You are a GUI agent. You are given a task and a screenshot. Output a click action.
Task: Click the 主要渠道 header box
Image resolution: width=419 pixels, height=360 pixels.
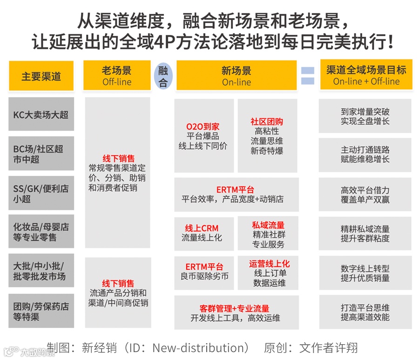(x=41, y=76)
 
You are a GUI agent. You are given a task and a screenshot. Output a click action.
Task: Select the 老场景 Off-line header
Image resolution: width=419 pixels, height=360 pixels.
(x=117, y=76)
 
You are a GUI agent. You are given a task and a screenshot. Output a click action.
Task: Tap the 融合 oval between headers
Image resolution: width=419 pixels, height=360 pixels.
(x=163, y=76)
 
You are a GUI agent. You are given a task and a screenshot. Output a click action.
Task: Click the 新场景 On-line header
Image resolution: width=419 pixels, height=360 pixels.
(x=237, y=76)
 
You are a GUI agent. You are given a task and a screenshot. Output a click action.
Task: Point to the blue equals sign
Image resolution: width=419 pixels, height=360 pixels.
(x=307, y=76)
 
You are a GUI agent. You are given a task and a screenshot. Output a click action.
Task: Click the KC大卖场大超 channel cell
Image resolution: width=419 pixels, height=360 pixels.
(x=41, y=114)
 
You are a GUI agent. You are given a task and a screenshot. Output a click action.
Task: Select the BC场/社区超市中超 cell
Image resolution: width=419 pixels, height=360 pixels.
(x=41, y=154)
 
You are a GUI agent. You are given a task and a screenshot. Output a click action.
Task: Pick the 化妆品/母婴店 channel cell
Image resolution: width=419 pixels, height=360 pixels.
(x=41, y=232)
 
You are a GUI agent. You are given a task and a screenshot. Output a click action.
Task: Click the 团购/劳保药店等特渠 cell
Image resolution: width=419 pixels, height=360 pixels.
(x=41, y=311)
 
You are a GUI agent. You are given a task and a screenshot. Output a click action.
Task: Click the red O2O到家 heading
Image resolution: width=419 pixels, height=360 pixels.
(x=203, y=127)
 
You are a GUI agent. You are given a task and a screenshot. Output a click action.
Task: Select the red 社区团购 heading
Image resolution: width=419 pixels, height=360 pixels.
(x=267, y=122)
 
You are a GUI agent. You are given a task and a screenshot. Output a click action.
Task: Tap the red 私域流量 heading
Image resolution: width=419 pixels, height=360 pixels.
(x=268, y=225)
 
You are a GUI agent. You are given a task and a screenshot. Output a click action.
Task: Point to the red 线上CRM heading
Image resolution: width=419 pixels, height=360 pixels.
(x=202, y=228)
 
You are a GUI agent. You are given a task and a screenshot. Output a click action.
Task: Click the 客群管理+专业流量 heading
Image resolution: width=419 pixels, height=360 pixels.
(x=235, y=308)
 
